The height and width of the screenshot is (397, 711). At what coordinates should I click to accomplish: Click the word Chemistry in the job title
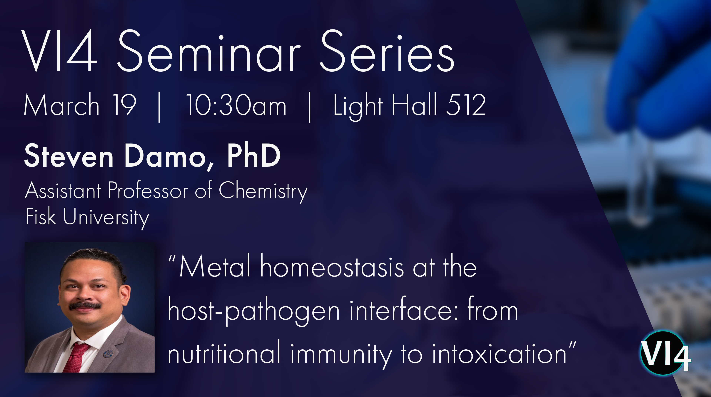click(263, 191)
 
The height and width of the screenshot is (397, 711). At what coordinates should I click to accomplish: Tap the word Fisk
click(41, 216)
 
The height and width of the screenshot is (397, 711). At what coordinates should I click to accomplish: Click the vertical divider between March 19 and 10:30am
click(159, 107)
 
